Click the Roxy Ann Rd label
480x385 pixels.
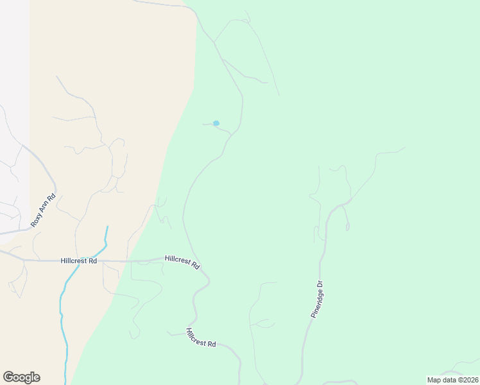coord(44,211)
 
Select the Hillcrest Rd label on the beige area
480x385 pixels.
coord(79,261)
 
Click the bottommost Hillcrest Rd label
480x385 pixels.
coord(201,338)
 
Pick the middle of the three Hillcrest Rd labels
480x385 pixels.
coord(182,261)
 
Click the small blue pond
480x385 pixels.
coord(216,123)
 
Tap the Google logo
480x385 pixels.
coord(21,377)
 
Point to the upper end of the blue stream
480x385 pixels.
coord(107,227)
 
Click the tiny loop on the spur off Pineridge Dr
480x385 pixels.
coord(347,227)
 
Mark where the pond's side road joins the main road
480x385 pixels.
coord(230,133)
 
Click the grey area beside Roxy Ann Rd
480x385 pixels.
coord(13,96)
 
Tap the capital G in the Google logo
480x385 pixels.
coord(8,377)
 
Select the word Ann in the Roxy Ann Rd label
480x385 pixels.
coord(44,210)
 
